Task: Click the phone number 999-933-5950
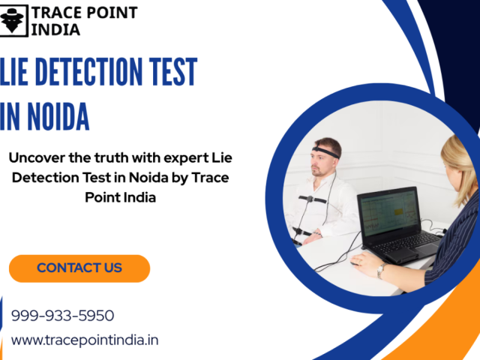coord(62,316)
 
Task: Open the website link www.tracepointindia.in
coord(85,340)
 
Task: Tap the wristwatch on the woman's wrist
coord(382,269)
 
